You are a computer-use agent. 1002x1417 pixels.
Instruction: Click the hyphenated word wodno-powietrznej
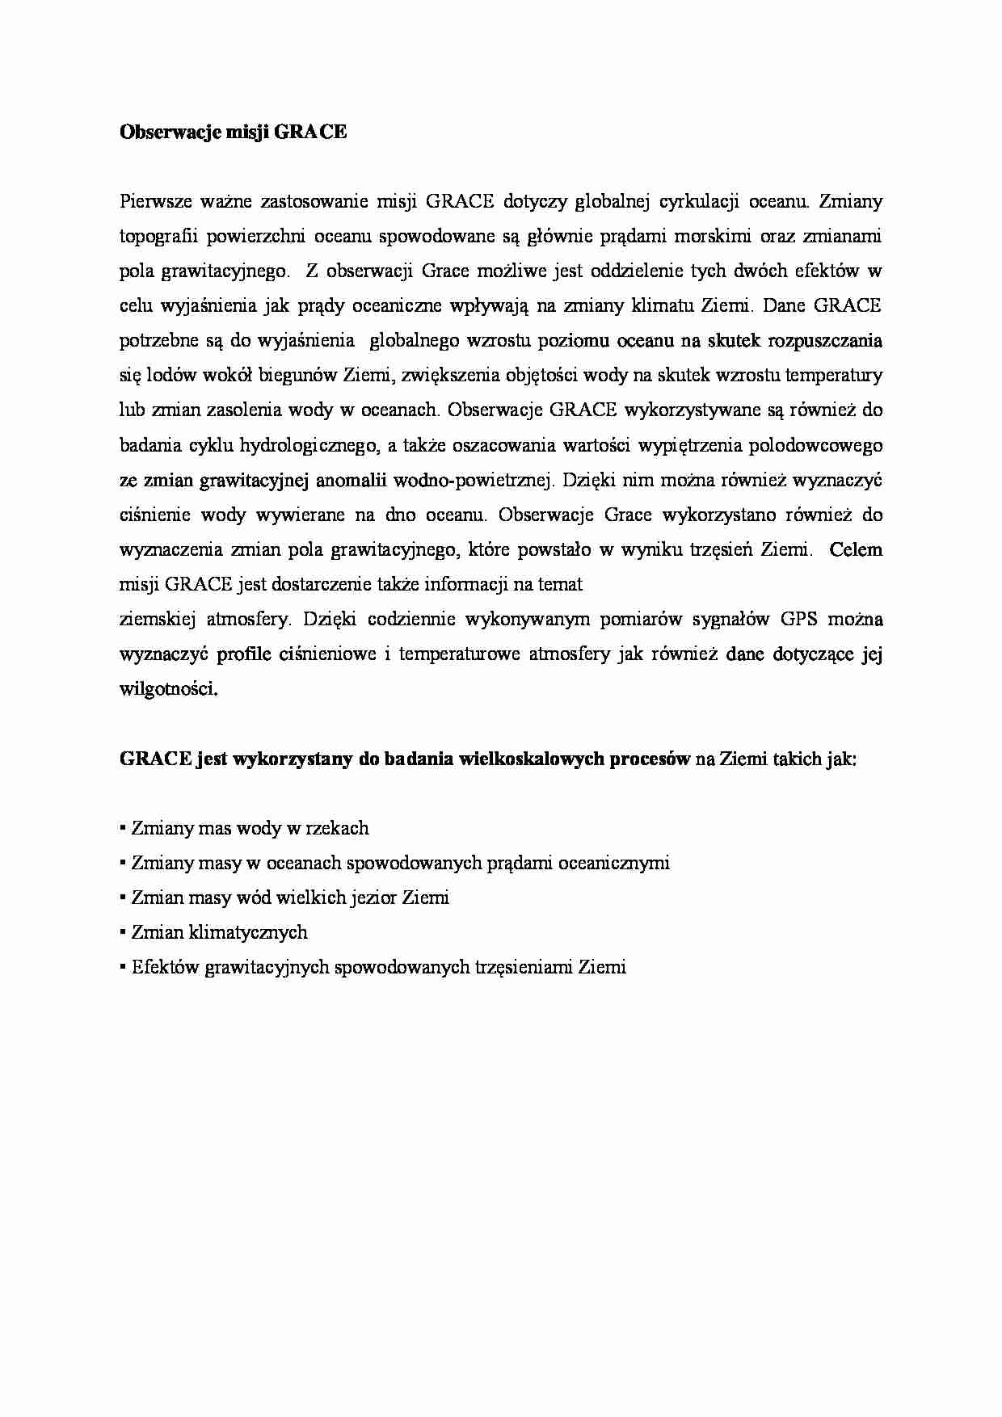click(473, 480)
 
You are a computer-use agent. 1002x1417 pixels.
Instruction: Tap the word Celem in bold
click(856, 550)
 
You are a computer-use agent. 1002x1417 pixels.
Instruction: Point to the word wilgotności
click(168, 689)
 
